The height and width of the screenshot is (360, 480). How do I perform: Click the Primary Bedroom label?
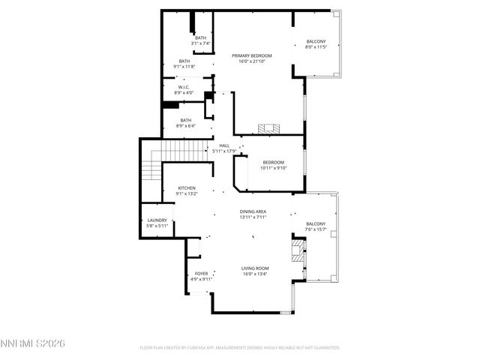click(251, 56)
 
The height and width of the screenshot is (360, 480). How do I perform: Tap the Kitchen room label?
click(187, 187)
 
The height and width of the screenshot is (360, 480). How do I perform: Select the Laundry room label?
click(157, 220)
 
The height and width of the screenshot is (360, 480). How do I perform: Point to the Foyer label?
click(201, 273)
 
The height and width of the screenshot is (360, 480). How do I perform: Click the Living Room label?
click(255, 268)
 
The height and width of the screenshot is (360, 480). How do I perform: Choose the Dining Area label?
click(253, 211)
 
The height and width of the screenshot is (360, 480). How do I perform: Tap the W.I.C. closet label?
click(184, 87)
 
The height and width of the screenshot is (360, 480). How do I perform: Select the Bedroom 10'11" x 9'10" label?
click(273, 163)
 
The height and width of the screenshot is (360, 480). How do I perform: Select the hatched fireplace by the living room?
click(300, 252)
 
